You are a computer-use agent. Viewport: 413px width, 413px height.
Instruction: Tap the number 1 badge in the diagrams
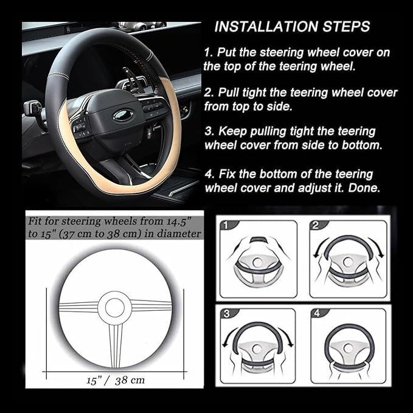(225, 226)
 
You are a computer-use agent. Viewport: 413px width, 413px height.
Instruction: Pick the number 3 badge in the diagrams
(226, 314)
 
